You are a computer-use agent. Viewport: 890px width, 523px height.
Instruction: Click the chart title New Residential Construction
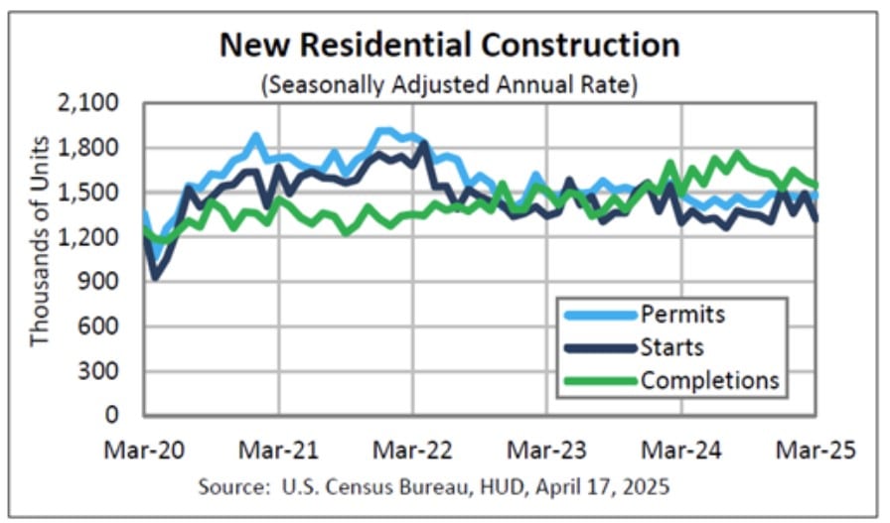(449, 45)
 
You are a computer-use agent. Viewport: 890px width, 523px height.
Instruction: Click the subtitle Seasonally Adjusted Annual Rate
(449, 85)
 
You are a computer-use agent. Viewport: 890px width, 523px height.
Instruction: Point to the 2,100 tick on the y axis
(92, 103)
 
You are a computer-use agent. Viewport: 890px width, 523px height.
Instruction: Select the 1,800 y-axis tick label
(92, 148)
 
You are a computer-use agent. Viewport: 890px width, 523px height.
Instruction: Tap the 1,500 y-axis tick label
(92, 193)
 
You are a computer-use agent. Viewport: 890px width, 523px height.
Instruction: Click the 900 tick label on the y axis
(102, 282)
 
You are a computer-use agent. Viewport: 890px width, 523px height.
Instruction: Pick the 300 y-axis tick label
(102, 371)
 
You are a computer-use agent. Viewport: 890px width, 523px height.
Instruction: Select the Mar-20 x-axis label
(144, 450)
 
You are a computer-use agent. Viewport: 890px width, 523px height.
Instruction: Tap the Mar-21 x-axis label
(279, 450)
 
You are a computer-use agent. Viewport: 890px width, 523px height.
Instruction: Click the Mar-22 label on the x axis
(413, 450)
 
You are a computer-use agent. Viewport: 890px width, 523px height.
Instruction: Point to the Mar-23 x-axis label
(547, 450)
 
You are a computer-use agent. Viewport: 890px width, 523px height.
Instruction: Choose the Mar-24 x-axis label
(682, 450)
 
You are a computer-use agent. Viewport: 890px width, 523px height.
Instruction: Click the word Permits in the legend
(683, 315)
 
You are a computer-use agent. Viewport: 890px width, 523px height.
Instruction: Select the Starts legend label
(672, 347)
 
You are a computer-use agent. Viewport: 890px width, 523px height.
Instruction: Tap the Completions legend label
(710, 380)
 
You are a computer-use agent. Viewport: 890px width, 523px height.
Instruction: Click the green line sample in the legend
(597, 380)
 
